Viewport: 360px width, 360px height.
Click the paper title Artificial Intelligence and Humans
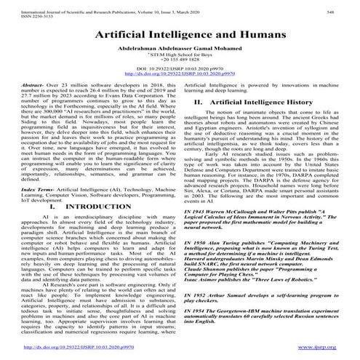click(x=180, y=36)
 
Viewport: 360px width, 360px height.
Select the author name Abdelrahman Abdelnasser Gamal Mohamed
click(x=180, y=54)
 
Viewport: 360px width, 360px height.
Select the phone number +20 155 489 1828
click(x=180, y=69)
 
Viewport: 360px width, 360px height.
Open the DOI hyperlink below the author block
click(x=180, y=87)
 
